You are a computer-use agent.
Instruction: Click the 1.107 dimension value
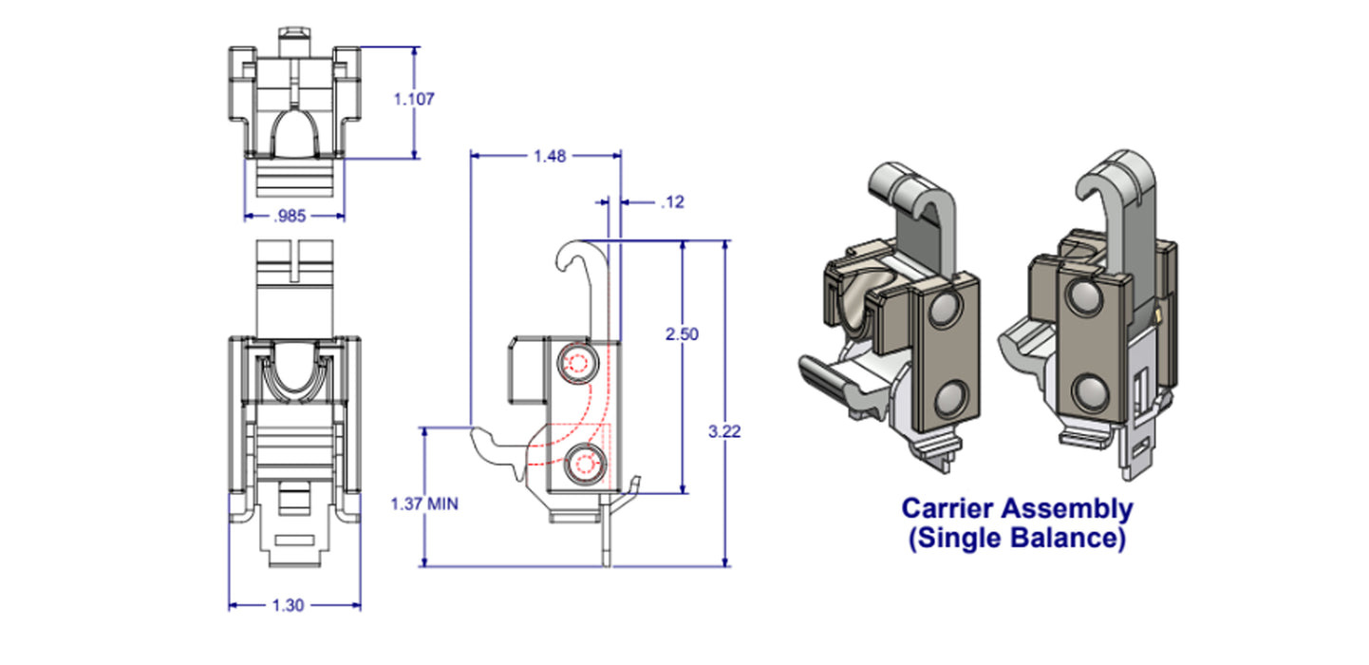pyautogui.click(x=414, y=98)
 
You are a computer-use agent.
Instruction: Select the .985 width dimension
pyautogui.click(x=289, y=217)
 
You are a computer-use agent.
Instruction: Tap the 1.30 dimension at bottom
pyautogui.click(x=289, y=605)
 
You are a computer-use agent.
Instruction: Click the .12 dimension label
pyautogui.click(x=672, y=201)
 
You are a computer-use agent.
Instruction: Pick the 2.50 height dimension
pyautogui.click(x=682, y=334)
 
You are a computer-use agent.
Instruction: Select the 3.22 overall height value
pyautogui.click(x=725, y=430)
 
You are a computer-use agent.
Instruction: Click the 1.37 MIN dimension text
pyautogui.click(x=424, y=503)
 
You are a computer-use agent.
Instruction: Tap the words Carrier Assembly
pyautogui.click(x=1016, y=509)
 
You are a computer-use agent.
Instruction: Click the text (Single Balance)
pyautogui.click(x=1016, y=539)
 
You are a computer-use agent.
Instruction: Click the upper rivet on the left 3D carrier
pyautogui.click(x=945, y=311)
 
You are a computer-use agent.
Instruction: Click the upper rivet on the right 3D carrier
pyautogui.click(x=1082, y=298)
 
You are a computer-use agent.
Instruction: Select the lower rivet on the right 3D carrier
pyautogui.click(x=1089, y=389)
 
